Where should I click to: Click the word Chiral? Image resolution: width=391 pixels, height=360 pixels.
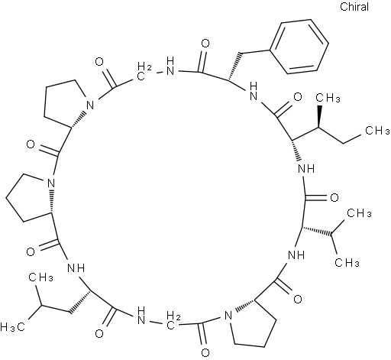(354, 7)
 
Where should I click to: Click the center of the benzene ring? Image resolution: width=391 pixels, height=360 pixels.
(299, 47)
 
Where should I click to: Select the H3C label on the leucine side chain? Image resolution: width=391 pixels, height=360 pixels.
(13, 327)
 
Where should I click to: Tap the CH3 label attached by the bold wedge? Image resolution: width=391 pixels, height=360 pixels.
(328, 98)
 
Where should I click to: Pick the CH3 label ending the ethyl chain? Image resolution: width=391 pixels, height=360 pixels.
(377, 131)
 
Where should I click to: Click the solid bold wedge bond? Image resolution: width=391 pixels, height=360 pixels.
(319, 116)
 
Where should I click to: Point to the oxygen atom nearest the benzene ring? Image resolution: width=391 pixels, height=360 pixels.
(205, 44)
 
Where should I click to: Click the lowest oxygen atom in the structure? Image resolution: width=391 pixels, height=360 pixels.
(205, 353)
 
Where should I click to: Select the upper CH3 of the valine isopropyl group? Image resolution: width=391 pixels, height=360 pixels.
(359, 213)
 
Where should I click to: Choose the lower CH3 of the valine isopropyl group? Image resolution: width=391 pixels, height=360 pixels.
(347, 262)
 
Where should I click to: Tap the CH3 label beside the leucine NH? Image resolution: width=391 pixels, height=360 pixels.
(40, 277)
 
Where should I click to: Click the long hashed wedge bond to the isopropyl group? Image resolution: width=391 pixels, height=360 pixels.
(316, 231)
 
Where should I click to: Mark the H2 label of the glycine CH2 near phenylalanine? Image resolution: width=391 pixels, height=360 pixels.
(145, 66)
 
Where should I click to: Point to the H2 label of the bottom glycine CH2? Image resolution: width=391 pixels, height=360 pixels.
(174, 316)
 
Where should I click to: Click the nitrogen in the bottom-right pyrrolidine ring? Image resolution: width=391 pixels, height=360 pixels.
(228, 316)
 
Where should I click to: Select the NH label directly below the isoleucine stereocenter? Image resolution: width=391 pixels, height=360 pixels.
(306, 168)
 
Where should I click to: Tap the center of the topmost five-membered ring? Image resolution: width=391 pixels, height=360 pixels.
(66, 101)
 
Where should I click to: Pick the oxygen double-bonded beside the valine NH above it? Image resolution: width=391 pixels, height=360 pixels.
(297, 299)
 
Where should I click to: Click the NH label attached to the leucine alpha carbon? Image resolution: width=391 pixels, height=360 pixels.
(76, 268)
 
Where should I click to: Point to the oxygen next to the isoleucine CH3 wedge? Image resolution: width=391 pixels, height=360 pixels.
(297, 97)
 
